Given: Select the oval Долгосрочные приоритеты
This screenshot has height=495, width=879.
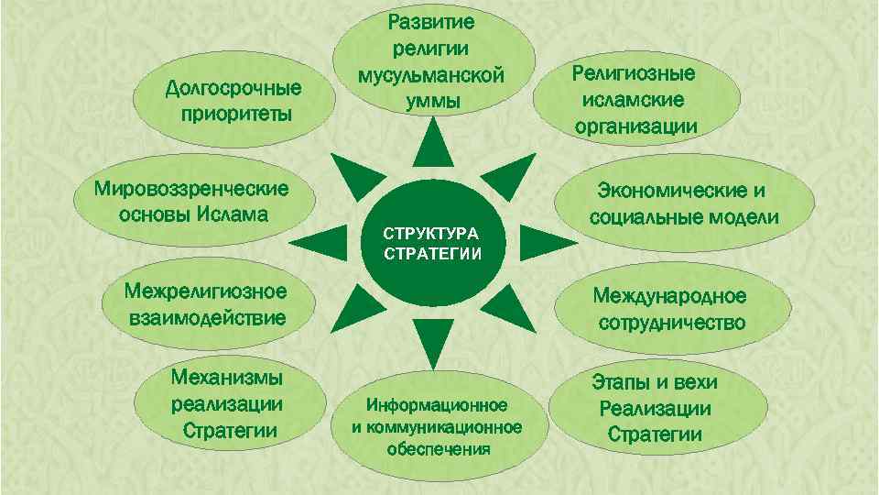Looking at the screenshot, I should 233,102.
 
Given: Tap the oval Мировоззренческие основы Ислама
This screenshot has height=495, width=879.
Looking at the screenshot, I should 191,202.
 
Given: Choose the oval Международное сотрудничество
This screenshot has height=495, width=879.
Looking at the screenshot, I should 669,310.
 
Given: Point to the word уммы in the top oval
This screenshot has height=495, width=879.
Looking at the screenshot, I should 433,100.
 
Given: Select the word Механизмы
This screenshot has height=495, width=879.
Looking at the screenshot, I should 227,379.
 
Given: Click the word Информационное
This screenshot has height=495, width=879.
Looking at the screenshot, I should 437,405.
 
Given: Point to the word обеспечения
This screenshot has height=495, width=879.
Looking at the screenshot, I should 438,449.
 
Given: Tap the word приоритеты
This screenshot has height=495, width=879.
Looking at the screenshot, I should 236,115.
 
